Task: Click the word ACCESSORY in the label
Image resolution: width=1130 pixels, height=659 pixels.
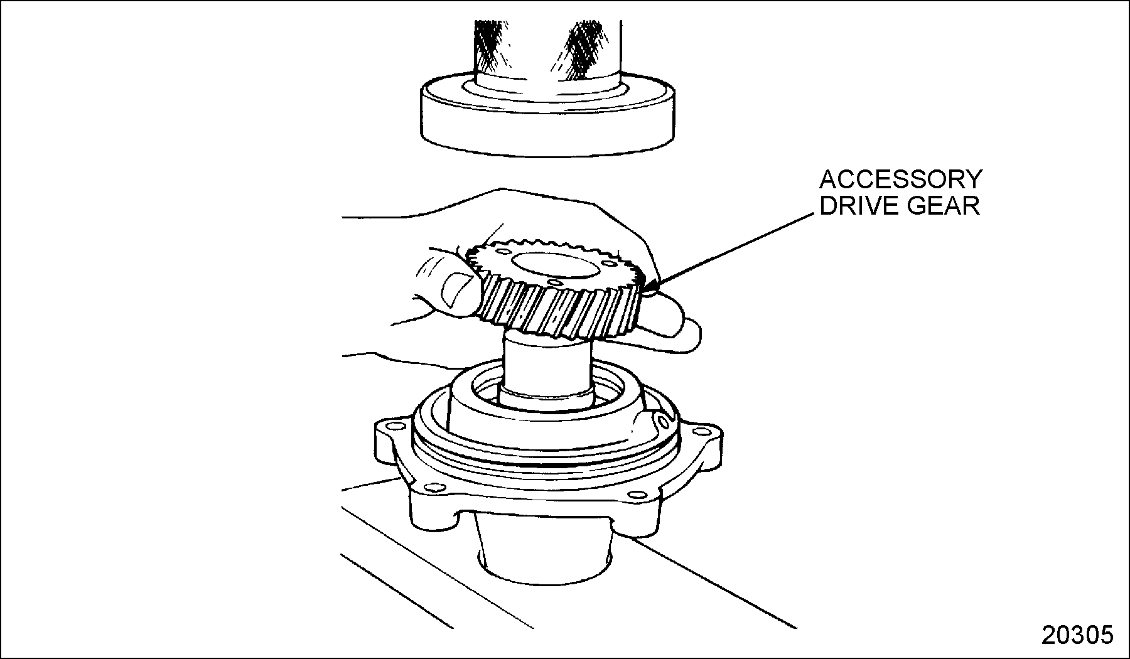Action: tap(901, 180)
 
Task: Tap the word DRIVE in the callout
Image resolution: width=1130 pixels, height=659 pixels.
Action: tap(858, 206)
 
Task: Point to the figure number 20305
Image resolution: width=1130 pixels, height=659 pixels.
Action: tap(1077, 635)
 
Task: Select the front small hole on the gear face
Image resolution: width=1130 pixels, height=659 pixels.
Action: tap(552, 284)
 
